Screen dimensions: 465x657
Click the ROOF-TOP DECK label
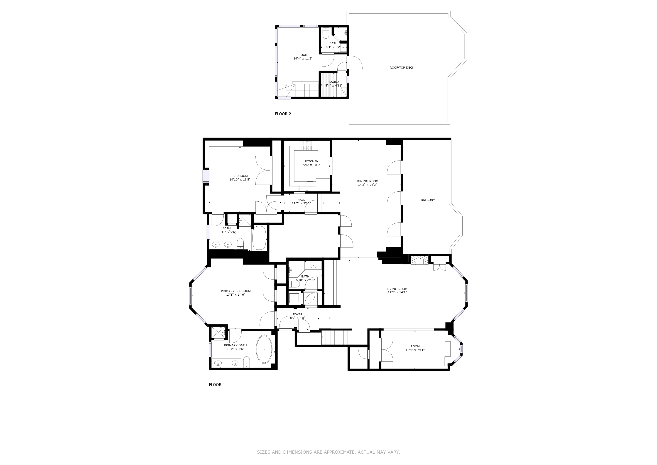[402, 68]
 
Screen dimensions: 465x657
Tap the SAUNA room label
[334, 82]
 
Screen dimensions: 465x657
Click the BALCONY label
[427, 200]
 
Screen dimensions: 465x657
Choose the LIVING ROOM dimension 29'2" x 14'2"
[397, 293]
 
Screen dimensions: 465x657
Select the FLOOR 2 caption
[283, 114]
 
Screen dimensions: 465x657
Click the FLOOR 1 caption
[217, 385]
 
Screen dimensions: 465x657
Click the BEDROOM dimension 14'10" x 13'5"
[240, 180]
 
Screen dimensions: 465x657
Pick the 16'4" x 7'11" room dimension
[415, 350]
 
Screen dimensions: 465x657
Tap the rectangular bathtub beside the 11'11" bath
[259, 238]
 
